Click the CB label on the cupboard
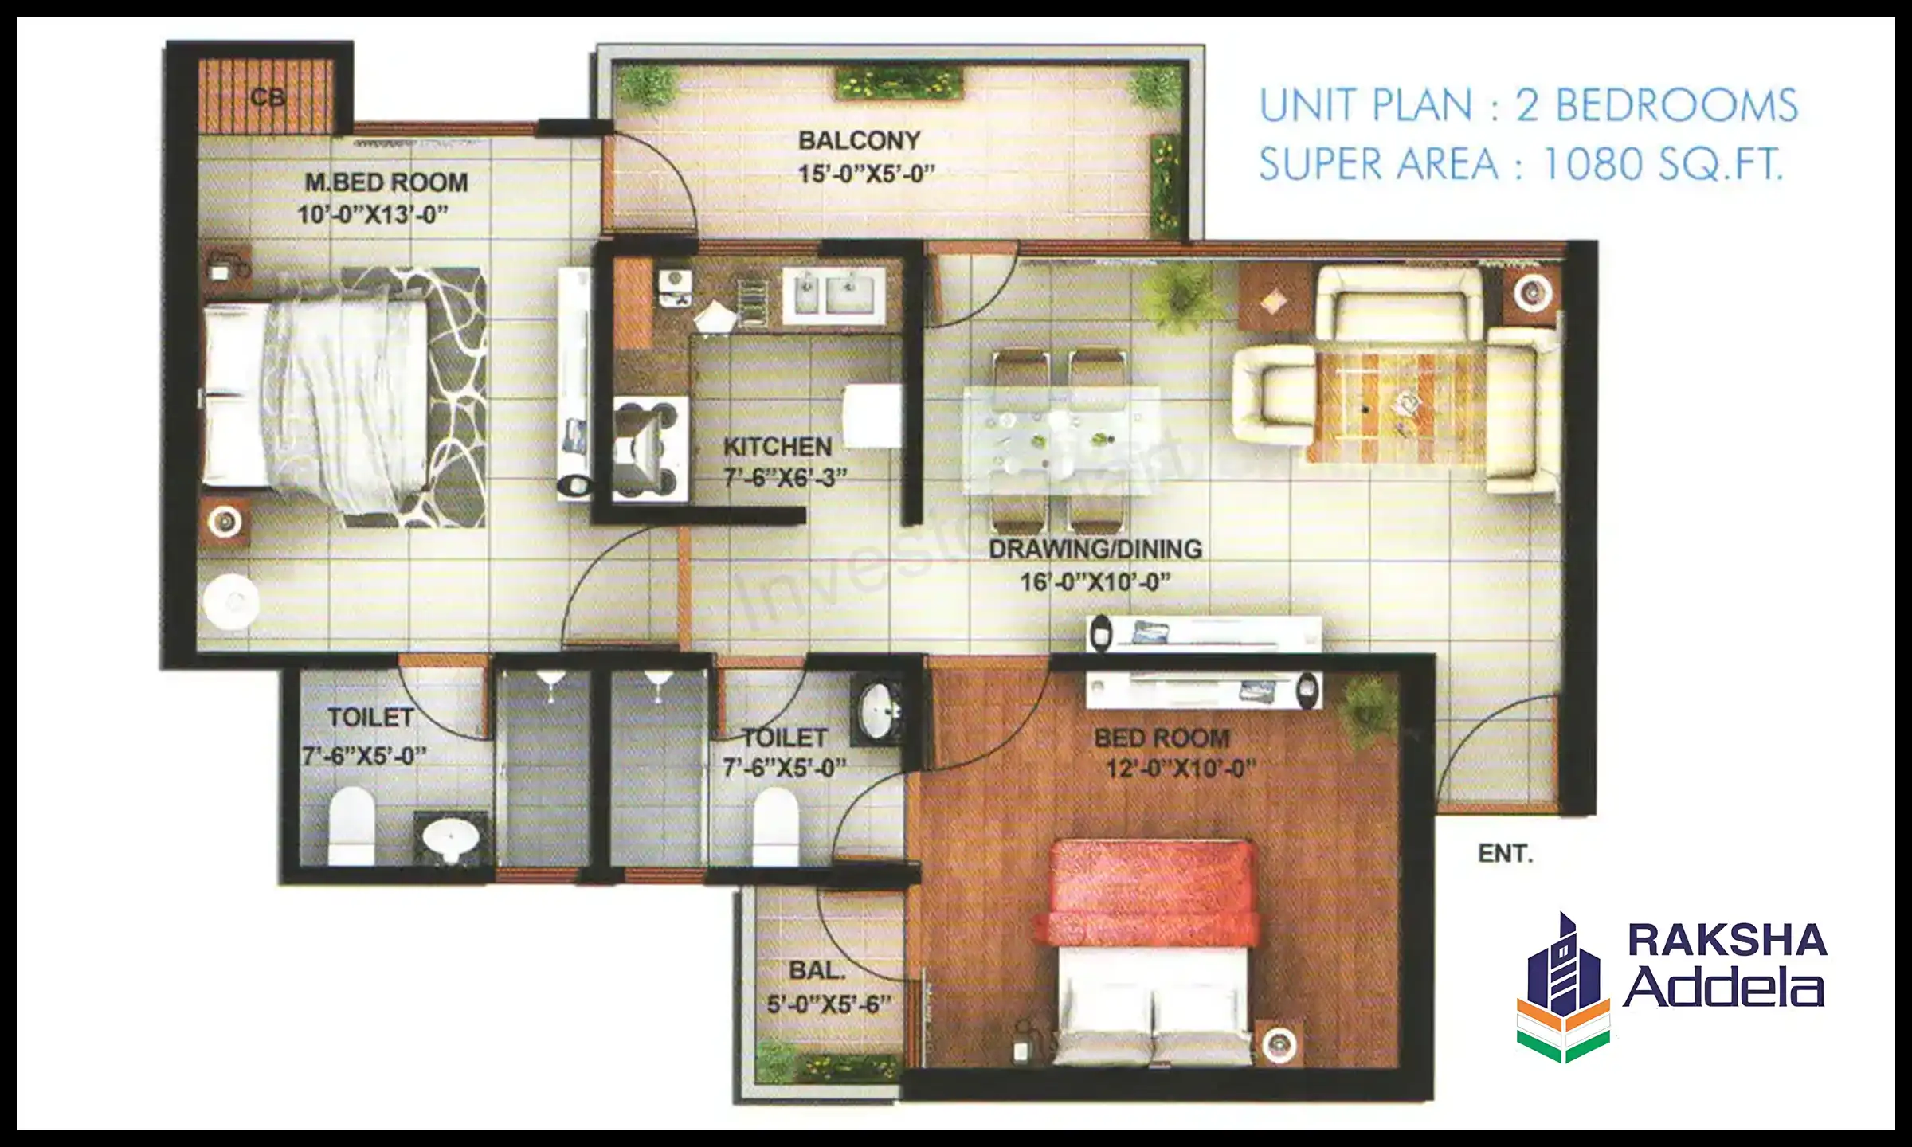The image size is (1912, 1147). (267, 97)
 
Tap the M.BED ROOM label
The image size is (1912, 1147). (386, 182)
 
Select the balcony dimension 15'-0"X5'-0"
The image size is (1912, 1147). (866, 173)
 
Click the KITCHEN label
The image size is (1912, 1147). (777, 447)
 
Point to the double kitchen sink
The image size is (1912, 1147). (833, 295)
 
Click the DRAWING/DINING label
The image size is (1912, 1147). (1095, 549)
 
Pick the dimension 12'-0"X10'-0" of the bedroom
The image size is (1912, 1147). (1181, 769)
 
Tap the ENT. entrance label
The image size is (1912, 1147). (1505, 854)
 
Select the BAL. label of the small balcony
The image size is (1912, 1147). (817, 971)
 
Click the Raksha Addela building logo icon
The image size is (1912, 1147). (1563, 988)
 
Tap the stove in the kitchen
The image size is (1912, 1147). (650, 449)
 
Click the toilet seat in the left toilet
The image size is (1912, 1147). (351, 826)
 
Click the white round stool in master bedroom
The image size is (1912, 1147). (230, 602)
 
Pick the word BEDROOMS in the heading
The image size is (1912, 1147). (1677, 106)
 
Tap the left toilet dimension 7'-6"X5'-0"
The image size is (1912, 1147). (364, 755)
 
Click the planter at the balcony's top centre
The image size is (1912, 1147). (899, 84)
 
